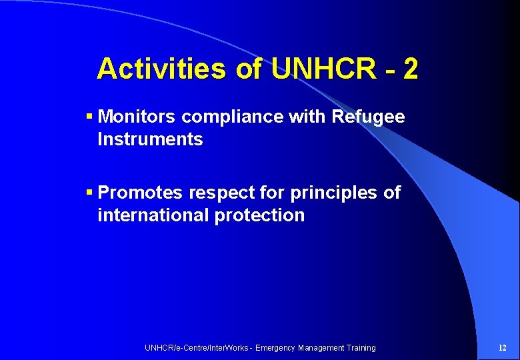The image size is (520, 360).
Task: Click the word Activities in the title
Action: click(162, 69)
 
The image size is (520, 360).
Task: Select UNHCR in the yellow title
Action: click(323, 69)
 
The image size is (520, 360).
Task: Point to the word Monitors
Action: click(137, 117)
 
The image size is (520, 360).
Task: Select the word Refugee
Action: click(368, 117)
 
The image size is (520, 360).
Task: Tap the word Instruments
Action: click(150, 140)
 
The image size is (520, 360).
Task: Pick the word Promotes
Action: click(140, 193)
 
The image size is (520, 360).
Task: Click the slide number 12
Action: click(502, 347)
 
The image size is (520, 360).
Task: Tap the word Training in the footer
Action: click(359, 348)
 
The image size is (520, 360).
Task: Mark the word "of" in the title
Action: click(248, 69)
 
